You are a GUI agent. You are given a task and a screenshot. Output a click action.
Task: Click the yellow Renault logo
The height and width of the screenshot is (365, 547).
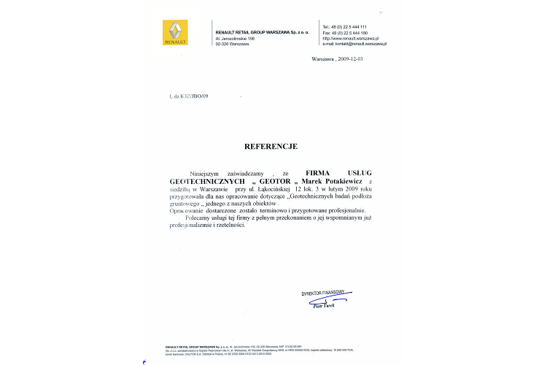coord(175,33)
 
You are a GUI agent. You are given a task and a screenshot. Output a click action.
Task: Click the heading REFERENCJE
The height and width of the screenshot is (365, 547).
coord(271,146)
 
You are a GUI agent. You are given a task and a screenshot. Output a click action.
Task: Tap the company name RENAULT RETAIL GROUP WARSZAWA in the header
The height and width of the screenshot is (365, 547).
coord(262,33)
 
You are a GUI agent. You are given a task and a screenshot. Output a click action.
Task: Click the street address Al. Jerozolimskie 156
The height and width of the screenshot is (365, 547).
coord(235,39)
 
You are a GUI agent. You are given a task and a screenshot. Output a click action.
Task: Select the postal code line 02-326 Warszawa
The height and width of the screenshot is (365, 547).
coord(232,44)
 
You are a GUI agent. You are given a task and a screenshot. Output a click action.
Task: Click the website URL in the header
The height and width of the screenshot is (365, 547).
coord(351,38)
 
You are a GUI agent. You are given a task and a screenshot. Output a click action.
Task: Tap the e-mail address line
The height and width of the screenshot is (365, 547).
coord(354,44)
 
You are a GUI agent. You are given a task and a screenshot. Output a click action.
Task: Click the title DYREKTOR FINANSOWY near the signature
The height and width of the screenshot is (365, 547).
coord(323,293)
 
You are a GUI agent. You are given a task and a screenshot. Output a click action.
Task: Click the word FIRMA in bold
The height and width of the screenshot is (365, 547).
coord(319,173)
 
